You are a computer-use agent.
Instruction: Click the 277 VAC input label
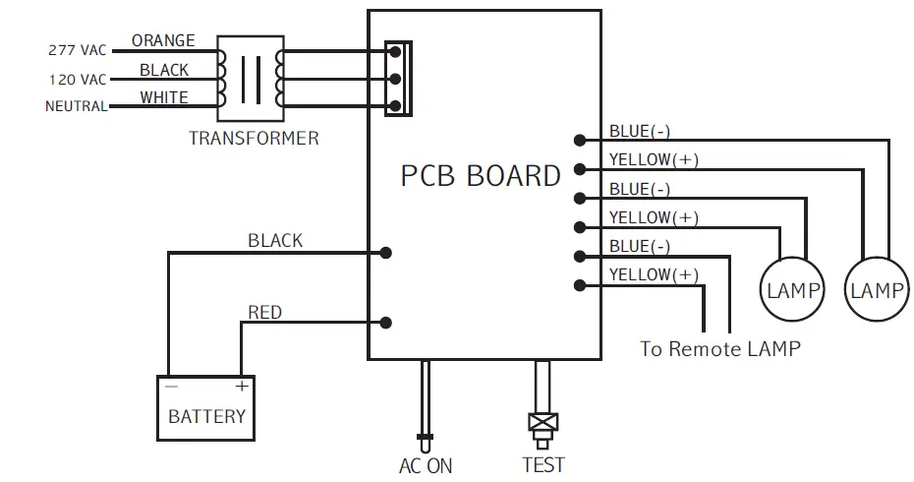click(x=77, y=50)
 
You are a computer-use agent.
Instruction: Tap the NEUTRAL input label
click(x=76, y=106)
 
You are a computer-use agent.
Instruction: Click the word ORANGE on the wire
click(x=163, y=40)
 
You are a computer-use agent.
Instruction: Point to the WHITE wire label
click(x=164, y=97)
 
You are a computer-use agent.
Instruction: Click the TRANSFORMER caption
click(x=254, y=138)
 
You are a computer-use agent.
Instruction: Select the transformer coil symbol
click(x=252, y=77)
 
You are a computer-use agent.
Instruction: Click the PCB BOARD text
click(x=481, y=176)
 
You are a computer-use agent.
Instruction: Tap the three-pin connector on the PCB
click(x=396, y=79)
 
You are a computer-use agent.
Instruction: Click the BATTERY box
click(x=206, y=407)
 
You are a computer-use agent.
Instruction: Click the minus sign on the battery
click(x=172, y=387)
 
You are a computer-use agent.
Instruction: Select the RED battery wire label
click(x=264, y=313)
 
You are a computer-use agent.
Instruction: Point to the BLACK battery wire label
click(x=275, y=240)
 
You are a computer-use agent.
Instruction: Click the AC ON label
click(x=426, y=465)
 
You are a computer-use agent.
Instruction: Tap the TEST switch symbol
click(x=541, y=424)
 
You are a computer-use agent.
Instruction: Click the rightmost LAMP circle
click(x=876, y=290)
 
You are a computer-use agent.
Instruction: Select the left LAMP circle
click(x=792, y=290)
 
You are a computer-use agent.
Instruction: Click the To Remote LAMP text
click(x=719, y=348)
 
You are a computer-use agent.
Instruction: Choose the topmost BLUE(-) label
click(x=640, y=131)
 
